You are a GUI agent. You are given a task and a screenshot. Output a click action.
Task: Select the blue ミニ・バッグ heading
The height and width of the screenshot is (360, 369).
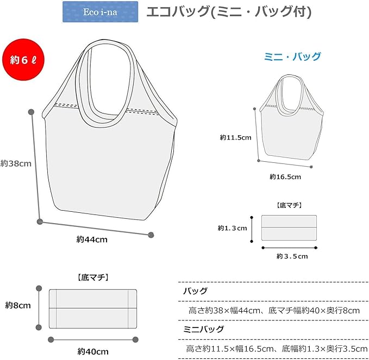(x=292, y=57)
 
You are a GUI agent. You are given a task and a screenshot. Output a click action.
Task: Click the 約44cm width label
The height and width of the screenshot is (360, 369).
(x=92, y=239)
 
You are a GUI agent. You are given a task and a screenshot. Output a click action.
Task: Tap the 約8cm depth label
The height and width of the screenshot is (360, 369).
(x=18, y=305)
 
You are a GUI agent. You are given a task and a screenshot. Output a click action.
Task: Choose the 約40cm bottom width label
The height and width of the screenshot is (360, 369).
(x=92, y=351)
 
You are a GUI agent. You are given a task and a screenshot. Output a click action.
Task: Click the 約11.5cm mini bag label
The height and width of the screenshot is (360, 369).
(x=235, y=138)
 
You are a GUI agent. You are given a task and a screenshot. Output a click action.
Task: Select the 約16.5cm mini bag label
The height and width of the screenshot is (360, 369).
(x=285, y=176)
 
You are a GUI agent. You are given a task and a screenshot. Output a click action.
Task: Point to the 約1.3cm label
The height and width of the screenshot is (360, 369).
(x=233, y=228)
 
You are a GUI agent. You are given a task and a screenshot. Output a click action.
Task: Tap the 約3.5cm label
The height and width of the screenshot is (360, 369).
(x=292, y=256)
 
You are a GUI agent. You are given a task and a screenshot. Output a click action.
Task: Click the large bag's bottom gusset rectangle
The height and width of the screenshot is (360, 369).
(x=92, y=308)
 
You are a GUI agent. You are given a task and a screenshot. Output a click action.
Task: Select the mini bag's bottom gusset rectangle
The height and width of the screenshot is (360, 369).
(x=289, y=228)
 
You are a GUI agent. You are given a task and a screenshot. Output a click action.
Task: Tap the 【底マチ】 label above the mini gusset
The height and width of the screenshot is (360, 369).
(x=289, y=206)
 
